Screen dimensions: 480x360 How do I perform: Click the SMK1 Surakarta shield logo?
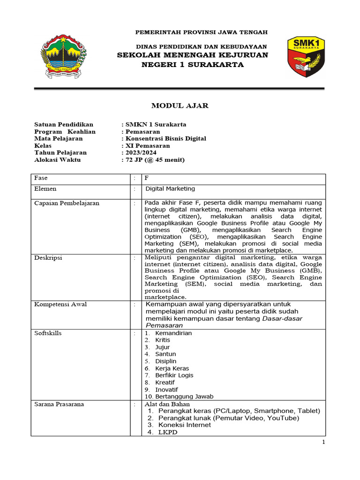pyautogui.click(x=306, y=56)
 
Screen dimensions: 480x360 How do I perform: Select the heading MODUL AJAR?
pyautogui.click(x=180, y=106)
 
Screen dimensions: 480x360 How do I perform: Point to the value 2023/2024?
pyautogui.click(x=141, y=153)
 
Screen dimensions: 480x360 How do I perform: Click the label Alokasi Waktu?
pyautogui.click(x=58, y=160)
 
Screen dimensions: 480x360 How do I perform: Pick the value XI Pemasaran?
pyautogui.click(x=147, y=146)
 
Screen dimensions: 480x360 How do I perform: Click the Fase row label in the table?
pyautogui.click(x=41, y=178)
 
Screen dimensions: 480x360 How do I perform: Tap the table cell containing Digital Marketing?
pyautogui.click(x=170, y=189)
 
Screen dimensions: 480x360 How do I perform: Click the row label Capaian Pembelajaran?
pyautogui.click(x=67, y=203)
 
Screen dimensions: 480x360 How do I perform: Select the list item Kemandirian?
pyautogui.click(x=173, y=333)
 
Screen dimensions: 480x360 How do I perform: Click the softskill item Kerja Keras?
pyautogui.click(x=172, y=368)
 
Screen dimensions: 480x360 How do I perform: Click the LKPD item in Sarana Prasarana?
pyautogui.click(x=168, y=432)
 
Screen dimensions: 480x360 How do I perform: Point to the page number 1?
pyautogui.click(x=323, y=442)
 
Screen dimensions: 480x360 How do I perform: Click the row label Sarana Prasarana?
pyautogui.click(x=59, y=404)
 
